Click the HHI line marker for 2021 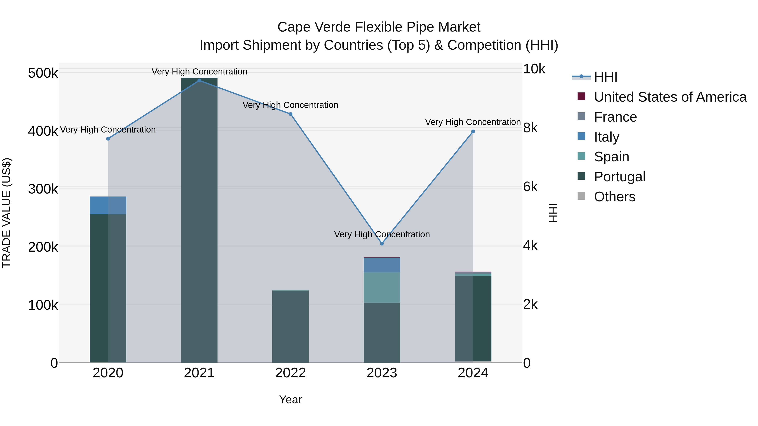click(199, 81)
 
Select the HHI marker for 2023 click(382, 243)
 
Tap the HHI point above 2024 click(473, 131)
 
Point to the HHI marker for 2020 click(108, 138)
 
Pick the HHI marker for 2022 click(290, 114)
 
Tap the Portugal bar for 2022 click(290, 326)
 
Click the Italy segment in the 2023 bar click(382, 265)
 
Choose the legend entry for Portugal click(619, 177)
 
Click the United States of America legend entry click(670, 97)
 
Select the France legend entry click(615, 117)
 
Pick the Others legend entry click(614, 197)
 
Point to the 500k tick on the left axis click(43, 73)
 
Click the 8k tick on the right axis click(530, 128)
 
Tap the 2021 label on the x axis click(199, 373)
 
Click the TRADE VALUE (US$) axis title click(7, 213)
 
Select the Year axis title click(290, 399)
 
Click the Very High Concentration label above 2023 click(382, 234)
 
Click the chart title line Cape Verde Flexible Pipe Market click(379, 27)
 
